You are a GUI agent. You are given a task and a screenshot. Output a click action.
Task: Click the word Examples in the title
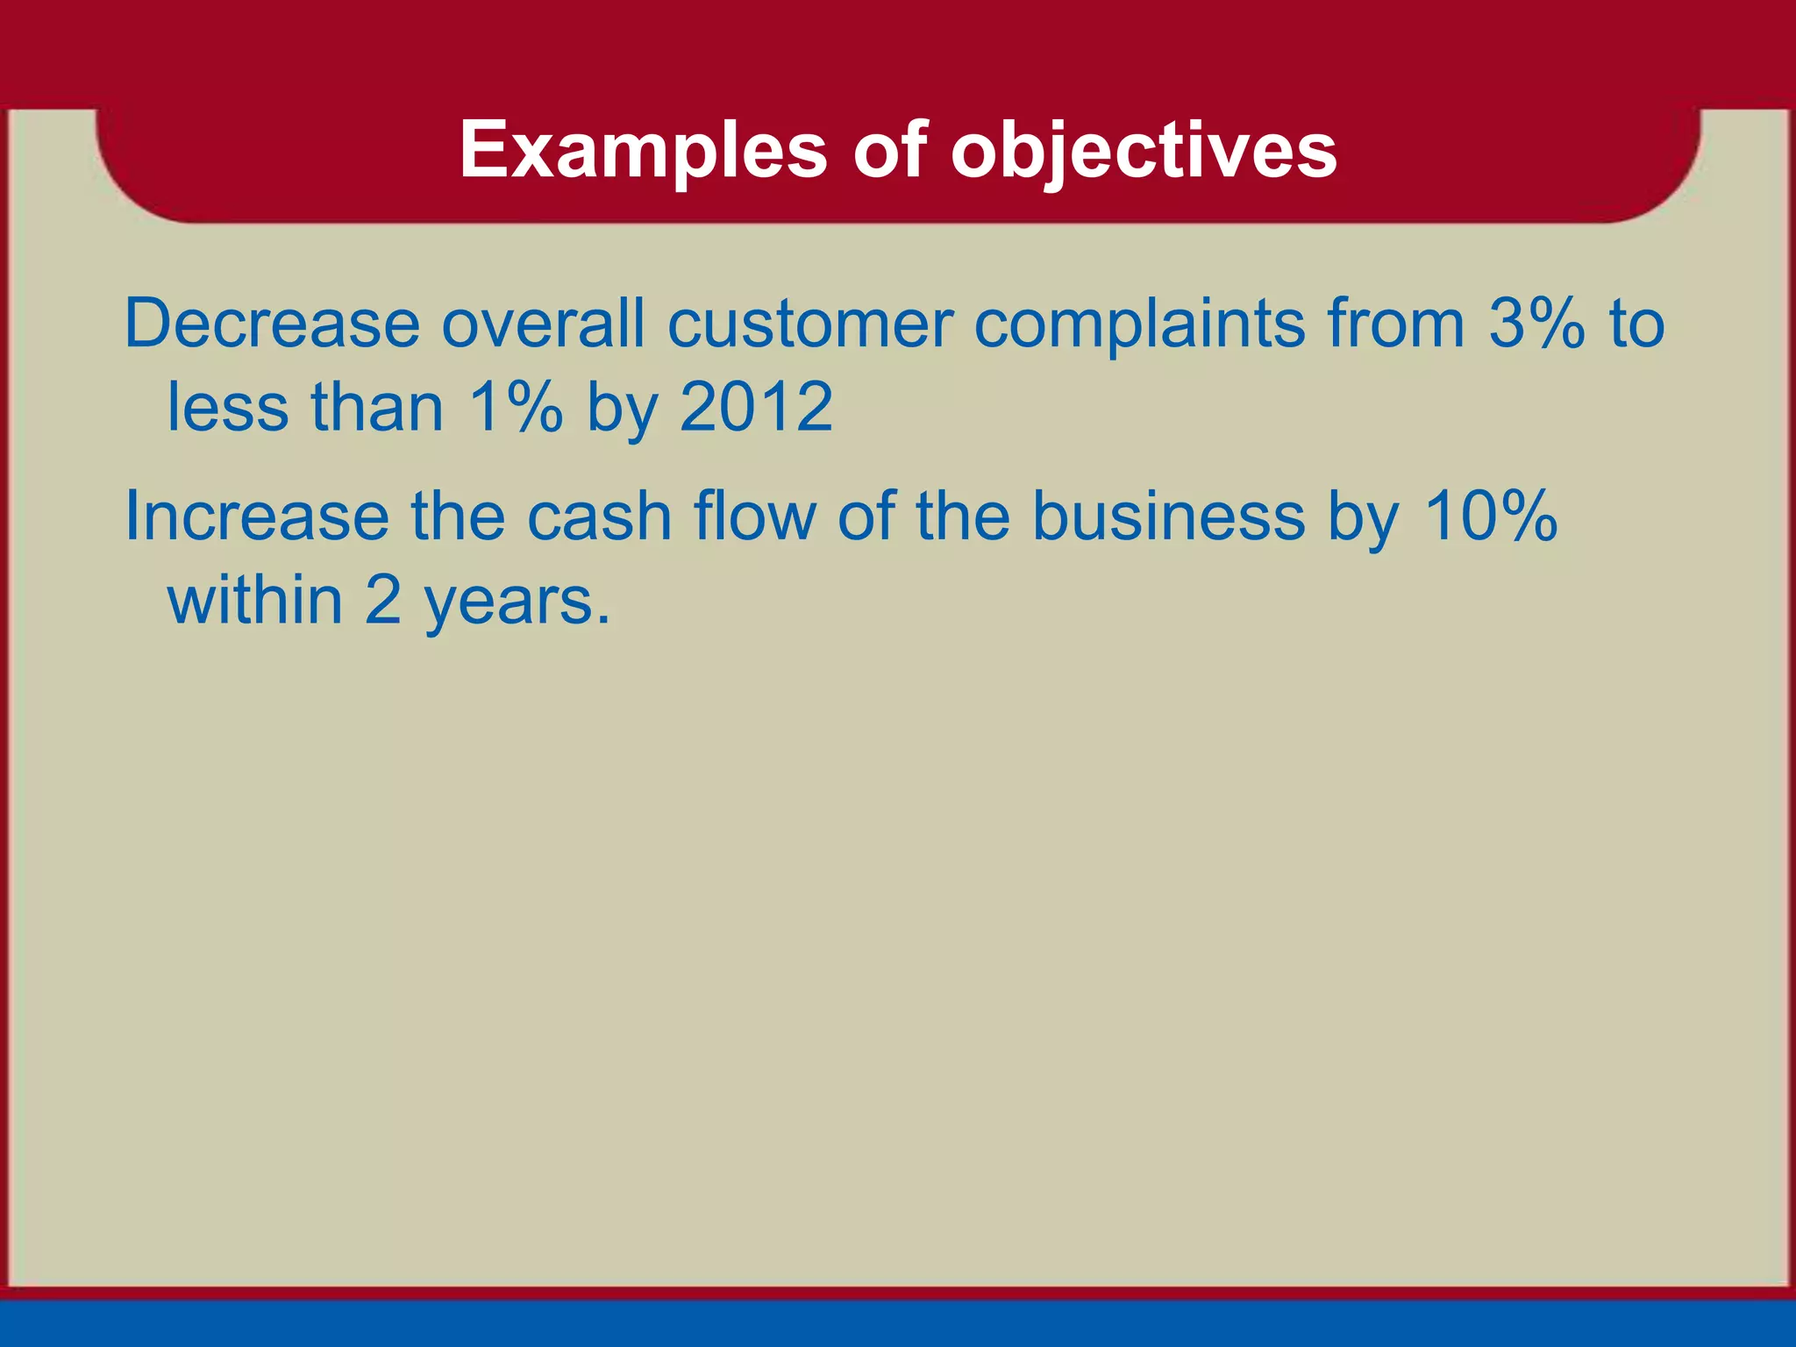pos(643,151)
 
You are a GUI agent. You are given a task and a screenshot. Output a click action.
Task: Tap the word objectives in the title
pos(1144,151)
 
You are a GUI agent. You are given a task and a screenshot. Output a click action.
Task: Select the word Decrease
pos(272,324)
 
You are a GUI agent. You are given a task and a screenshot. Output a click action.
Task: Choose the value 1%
pos(516,408)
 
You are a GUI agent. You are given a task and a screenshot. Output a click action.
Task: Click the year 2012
pos(756,408)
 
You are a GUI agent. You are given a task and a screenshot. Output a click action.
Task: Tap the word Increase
pos(257,517)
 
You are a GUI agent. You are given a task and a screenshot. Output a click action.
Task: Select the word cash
pos(599,517)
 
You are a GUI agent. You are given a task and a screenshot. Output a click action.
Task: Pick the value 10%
pos(1490,517)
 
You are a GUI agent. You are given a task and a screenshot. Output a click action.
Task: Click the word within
pos(255,601)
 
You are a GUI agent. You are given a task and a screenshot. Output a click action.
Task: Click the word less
pos(227,408)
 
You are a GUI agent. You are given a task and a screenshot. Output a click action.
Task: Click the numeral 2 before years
pos(382,601)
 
